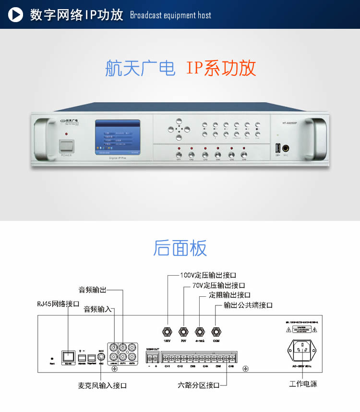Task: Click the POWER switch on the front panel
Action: pyautogui.click(x=67, y=146)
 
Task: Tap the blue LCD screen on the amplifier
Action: pyautogui.click(x=118, y=136)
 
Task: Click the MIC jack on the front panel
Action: pyautogui.click(x=286, y=148)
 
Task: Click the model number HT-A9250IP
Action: pyautogui.click(x=290, y=123)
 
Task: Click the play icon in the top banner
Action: pyautogui.click(x=16, y=14)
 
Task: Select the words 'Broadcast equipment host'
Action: pyautogui.click(x=170, y=15)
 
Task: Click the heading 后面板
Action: pyautogui.click(x=180, y=248)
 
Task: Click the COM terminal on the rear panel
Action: pyautogui.click(x=216, y=331)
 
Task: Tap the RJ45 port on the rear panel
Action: pyautogui.click(x=68, y=356)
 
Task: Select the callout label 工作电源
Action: pyautogui.click(x=303, y=384)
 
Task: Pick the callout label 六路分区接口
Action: pyautogui.click(x=198, y=386)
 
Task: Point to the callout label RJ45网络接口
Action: pyautogui.click(x=58, y=304)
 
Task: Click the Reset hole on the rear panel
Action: pyautogui.click(x=52, y=358)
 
